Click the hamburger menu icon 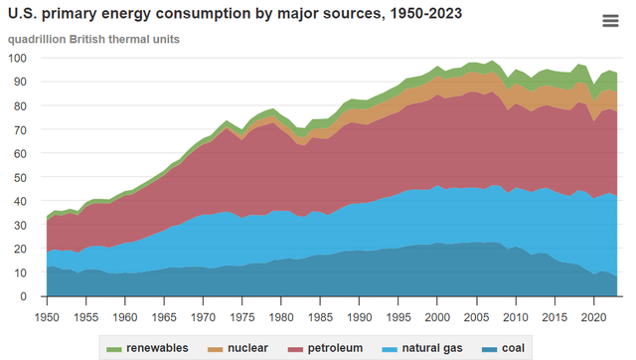(610, 22)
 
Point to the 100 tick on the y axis (25, 58)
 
